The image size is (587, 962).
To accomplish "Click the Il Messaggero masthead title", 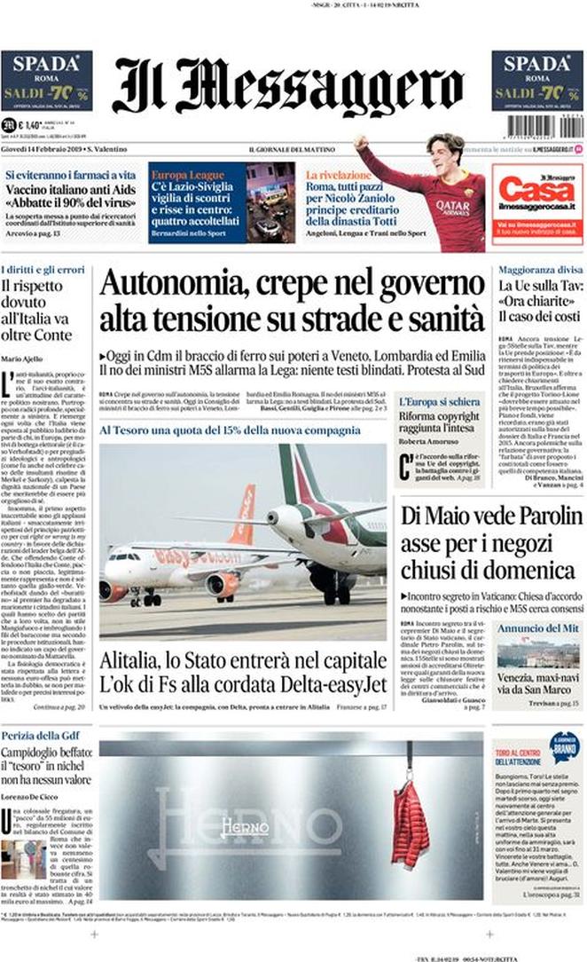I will coord(288,85).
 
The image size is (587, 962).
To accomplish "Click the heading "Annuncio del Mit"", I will coord(537,628).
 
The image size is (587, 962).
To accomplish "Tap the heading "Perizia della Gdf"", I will coord(41,736).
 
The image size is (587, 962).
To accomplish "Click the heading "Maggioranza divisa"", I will coord(539,268).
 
